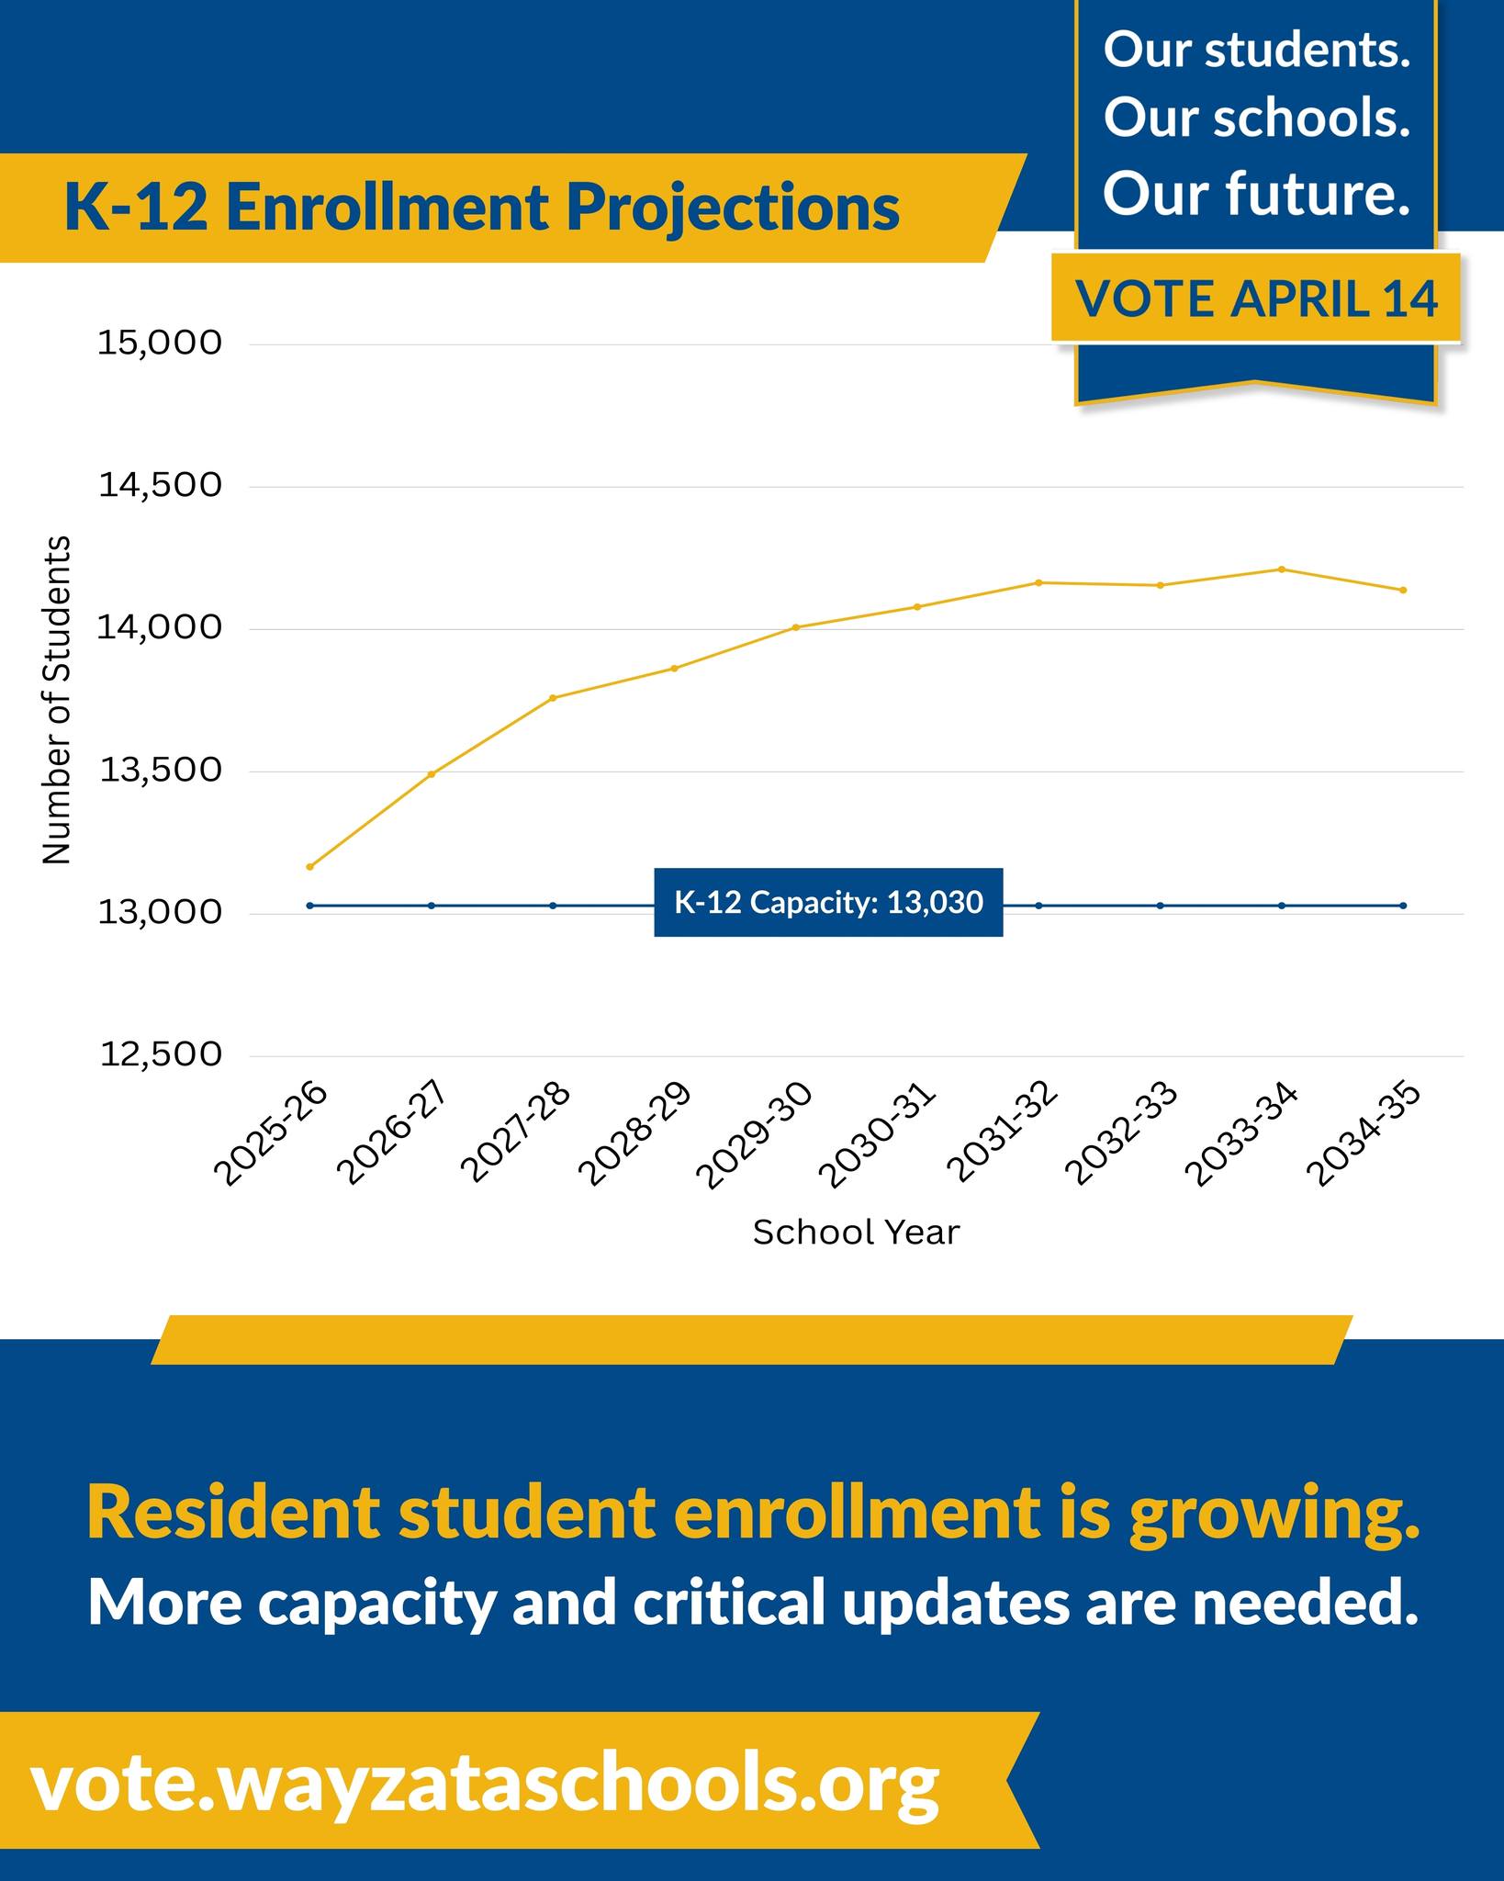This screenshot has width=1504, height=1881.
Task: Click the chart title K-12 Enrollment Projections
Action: coord(482,208)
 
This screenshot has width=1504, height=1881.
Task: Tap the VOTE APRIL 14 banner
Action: coord(1255,298)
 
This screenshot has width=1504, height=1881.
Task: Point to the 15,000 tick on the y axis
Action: coord(160,344)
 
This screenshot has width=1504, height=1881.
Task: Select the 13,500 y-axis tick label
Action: coord(160,771)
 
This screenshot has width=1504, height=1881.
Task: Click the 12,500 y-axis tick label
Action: coord(160,1055)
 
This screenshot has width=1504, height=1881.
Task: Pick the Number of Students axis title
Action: coord(56,700)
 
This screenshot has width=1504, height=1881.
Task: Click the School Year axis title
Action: coord(856,1233)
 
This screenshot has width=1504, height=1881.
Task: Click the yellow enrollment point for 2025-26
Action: coord(310,867)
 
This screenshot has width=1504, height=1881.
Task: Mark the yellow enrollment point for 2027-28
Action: coord(553,698)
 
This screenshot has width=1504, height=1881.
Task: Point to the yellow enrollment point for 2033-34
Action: coord(1282,569)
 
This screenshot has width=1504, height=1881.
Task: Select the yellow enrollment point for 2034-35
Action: coord(1403,590)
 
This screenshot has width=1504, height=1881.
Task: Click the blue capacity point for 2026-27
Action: coord(432,906)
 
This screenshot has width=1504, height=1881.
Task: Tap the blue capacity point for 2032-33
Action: coord(1160,906)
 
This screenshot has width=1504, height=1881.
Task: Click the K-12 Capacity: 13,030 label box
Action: coord(828,903)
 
